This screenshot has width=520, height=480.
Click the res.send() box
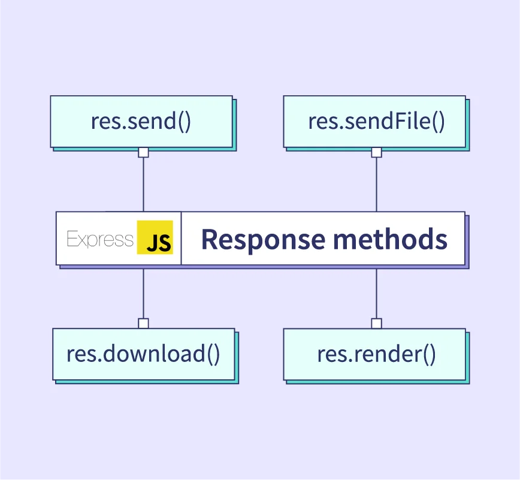pyautogui.click(x=141, y=122)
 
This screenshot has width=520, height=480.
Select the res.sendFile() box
pyautogui.click(x=374, y=122)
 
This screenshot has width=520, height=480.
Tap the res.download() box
pyautogui.click(x=143, y=354)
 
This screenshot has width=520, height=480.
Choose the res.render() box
pyautogui.click(x=374, y=354)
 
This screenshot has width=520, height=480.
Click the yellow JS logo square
pyautogui.click(x=155, y=238)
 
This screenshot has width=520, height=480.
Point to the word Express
pyautogui.click(x=100, y=239)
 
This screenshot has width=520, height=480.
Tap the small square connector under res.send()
pyautogui.click(x=143, y=152)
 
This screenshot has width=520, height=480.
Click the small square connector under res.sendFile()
pyautogui.click(x=376, y=152)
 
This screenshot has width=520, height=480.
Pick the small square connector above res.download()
pyautogui.click(x=143, y=324)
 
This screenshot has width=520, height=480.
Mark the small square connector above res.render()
pyautogui.click(x=376, y=324)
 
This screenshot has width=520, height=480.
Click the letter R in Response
pyautogui.click(x=208, y=239)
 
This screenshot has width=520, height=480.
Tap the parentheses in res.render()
pyautogui.click(x=428, y=355)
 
